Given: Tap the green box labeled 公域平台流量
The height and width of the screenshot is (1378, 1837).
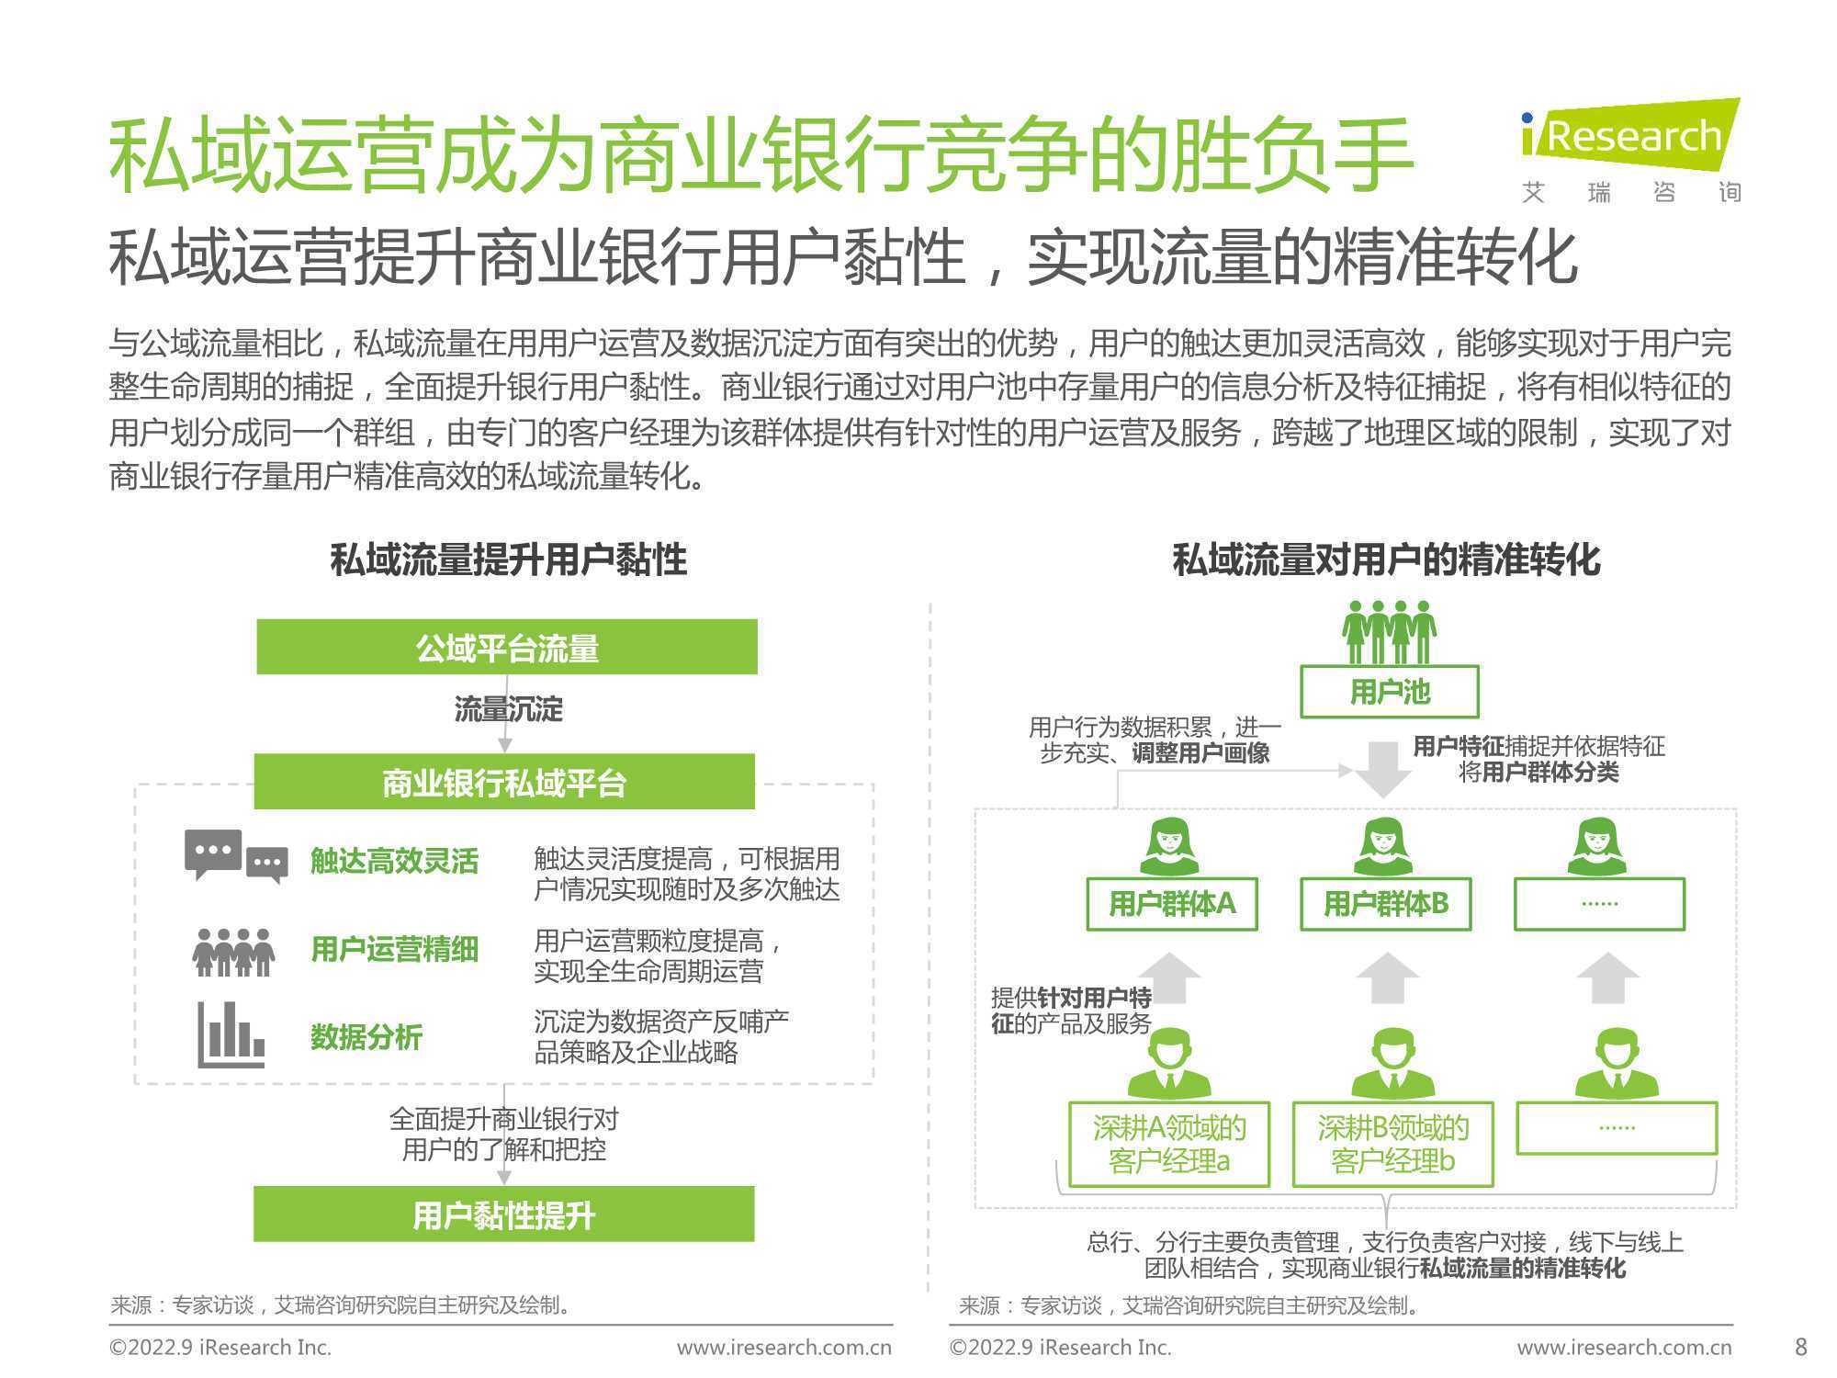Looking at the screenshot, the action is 507,647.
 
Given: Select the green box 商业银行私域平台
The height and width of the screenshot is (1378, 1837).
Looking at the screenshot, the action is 504,782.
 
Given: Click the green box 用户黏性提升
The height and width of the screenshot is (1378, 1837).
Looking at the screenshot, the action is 504,1214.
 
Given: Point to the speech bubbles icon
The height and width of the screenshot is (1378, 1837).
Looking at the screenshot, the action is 236,857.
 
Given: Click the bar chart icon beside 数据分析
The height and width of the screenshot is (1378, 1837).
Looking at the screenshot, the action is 231,1034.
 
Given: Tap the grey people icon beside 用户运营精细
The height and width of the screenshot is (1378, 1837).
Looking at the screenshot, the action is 233,952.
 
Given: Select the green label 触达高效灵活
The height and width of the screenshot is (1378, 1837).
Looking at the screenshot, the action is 394,861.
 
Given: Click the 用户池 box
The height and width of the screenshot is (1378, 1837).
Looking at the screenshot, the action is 1390,692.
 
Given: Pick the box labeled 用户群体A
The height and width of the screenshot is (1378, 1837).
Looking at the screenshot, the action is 1172,904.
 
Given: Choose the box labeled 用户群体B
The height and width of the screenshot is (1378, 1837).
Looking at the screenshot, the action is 1386,904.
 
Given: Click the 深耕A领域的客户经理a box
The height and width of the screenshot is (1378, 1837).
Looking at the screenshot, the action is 1169,1145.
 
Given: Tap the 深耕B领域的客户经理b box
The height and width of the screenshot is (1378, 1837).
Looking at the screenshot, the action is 1393,1145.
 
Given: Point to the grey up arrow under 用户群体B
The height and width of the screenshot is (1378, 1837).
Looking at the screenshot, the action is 1387,977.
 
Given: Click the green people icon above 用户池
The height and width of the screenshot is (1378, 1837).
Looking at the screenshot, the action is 1390,632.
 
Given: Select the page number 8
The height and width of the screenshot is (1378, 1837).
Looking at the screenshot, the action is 1801,1347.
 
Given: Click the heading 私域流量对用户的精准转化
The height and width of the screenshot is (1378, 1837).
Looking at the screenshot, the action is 1387,559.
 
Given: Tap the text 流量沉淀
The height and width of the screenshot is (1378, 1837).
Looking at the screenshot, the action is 509,709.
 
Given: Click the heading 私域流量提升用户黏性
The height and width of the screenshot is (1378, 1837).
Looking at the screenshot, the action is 509,559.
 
